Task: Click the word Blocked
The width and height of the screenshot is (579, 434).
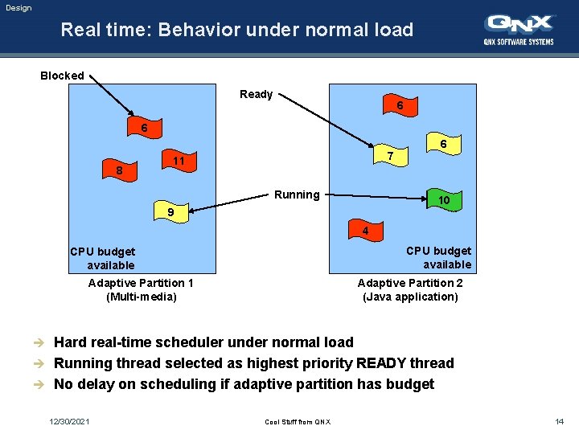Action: click(x=62, y=76)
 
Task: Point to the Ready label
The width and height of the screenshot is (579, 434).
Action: click(x=256, y=94)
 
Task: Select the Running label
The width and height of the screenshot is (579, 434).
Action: click(x=297, y=194)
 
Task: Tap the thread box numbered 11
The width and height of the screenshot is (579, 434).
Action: click(x=179, y=161)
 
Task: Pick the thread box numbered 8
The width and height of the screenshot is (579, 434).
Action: click(x=119, y=171)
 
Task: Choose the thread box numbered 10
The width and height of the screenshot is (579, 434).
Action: click(x=443, y=199)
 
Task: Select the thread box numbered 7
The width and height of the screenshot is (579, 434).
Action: click(x=389, y=155)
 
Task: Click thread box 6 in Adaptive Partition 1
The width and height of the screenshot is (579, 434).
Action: click(x=144, y=129)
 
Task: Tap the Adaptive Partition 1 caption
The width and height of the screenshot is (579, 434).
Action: click(x=141, y=283)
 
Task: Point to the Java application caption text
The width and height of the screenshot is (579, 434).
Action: click(x=410, y=297)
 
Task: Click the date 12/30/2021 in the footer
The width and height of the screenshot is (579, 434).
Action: click(x=69, y=421)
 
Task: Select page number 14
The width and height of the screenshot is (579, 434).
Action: click(x=559, y=421)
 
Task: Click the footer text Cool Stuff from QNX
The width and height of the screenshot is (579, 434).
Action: click(x=297, y=421)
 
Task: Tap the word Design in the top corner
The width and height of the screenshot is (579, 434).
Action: click(x=18, y=8)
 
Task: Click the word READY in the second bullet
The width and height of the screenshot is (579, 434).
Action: click(x=387, y=363)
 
